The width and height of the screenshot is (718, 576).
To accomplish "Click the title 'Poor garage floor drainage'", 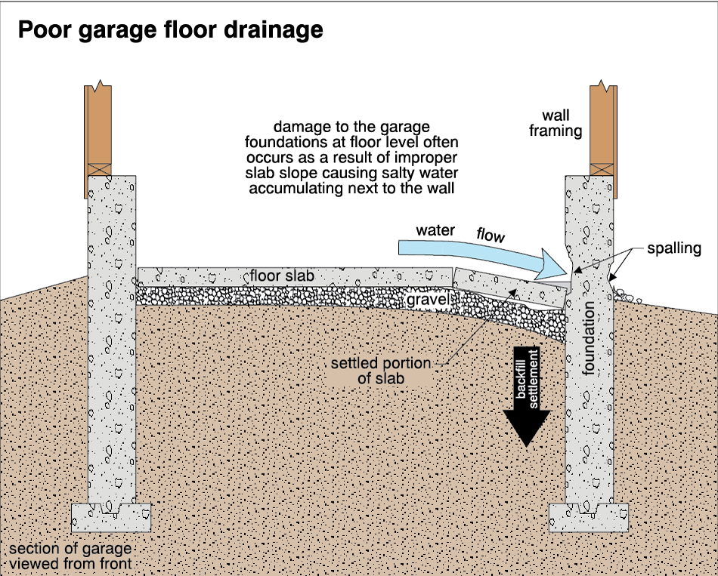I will tap(171, 29).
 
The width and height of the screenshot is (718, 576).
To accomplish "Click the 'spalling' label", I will tap(674, 248).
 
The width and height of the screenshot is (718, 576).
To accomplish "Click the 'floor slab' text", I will tap(283, 276).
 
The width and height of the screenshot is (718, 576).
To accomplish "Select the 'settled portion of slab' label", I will tap(380, 371).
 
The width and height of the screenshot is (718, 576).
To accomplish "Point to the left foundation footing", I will tap(111, 518).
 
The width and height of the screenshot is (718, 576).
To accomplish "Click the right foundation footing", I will tap(589, 518).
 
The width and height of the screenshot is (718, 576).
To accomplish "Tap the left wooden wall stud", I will tap(99, 128).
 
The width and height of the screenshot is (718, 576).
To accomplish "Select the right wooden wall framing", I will tap(602, 125).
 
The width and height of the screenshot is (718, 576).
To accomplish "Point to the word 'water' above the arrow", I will tap(435, 229).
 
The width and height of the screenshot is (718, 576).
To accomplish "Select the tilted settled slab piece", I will tap(511, 291).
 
